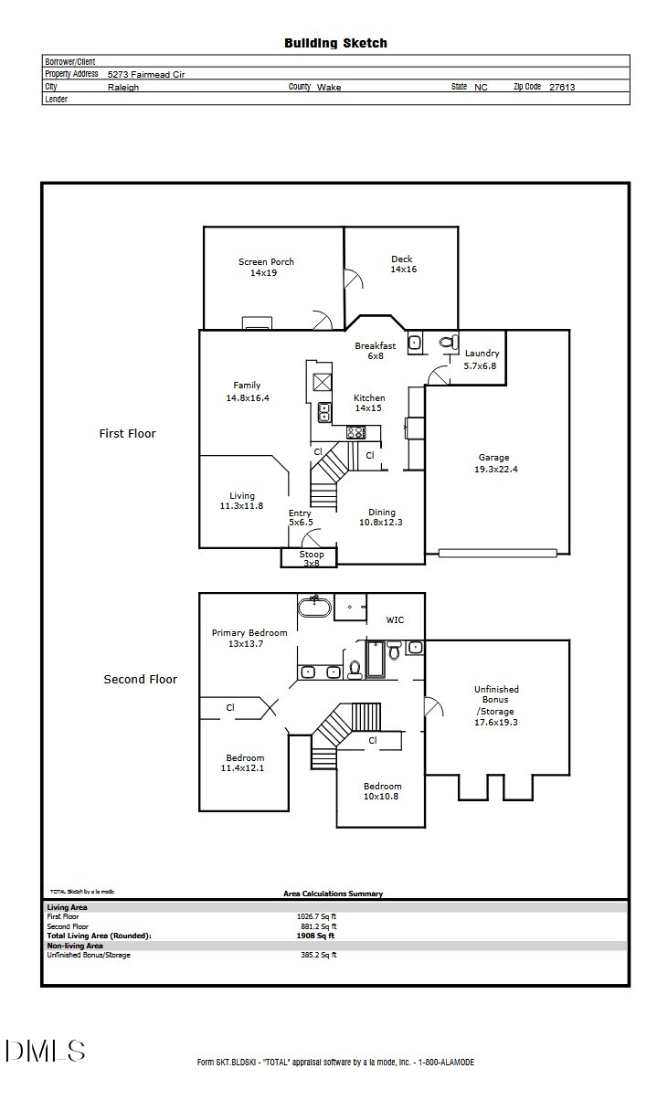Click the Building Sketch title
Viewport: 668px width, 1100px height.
[x=335, y=43]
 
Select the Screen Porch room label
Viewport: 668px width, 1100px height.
[x=266, y=267]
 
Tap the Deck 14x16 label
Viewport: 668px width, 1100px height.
[x=403, y=264]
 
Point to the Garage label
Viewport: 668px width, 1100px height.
[x=493, y=463]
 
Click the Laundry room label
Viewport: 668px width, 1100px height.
[x=482, y=359]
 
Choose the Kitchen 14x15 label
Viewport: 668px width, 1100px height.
[x=369, y=403]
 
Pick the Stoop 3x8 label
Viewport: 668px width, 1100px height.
[x=311, y=558]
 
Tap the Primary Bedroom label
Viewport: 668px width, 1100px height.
[x=249, y=638]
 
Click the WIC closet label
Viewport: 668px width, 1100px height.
[x=395, y=619]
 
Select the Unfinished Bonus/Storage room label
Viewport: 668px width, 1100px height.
[x=496, y=705]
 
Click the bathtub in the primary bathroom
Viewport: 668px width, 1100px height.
[x=313, y=606]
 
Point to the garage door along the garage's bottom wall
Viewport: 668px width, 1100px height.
[x=497, y=553]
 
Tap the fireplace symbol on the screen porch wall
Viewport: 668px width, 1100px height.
[x=257, y=323]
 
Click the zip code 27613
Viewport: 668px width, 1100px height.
[x=562, y=87]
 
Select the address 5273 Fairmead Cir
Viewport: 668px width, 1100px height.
[x=146, y=74]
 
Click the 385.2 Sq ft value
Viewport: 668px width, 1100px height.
[x=319, y=955]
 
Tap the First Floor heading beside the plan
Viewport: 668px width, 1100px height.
[x=127, y=433]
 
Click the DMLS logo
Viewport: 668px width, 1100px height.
[x=45, y=1050]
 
